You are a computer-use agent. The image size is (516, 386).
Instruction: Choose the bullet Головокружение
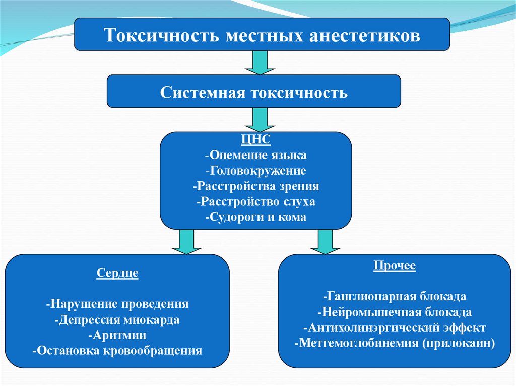click(x=255, y=171)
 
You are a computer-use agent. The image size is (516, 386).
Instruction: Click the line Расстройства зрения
click(x=255, y=186)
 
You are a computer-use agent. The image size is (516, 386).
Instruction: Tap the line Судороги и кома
click(x=255, y=217)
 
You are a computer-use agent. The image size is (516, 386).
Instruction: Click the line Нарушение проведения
click(x=117, y=304)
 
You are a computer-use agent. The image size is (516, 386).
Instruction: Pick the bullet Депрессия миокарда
click(x=117, y=320)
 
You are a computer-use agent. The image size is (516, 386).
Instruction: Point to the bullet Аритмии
click(x=117, y=335)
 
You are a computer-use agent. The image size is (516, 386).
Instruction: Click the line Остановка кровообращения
click(x=117, y=351)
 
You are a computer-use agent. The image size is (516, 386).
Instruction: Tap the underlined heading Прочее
click(x=395, y=265)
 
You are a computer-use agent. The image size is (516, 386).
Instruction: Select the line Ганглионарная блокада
click(x=395, y=296)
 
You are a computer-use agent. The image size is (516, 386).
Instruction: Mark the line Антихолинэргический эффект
click(x=395, y=328)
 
